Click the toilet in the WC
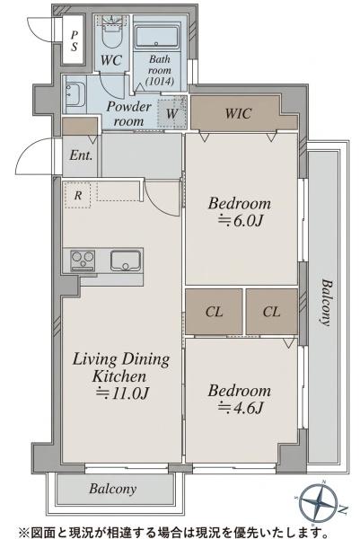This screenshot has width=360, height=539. tap(111, 34)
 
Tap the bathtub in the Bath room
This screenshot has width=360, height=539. tap(157, 36)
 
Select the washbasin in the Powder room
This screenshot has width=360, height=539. tap(75, 94)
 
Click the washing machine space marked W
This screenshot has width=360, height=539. tap(171, 113)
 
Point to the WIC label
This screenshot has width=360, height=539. tap(239, 113)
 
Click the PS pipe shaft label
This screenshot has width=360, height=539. tap(75, 40)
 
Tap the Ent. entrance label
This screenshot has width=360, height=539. tap(81, 155)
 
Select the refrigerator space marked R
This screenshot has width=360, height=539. tap(78, 195)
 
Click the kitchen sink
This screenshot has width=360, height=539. tap(126, 261)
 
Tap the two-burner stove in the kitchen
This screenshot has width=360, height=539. tap(83, 261)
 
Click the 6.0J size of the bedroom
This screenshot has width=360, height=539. tap(241, 221)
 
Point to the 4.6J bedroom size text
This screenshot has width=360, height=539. tap(241, 408)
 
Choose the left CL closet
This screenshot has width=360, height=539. tap(214, 312)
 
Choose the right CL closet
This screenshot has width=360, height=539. tap(272, 312)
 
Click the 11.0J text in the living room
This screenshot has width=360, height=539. tap(123, 393)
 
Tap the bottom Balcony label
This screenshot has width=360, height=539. tap(113, 489)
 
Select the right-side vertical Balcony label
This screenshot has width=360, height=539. tap(327, 303)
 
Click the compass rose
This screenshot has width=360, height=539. tap(318, 503)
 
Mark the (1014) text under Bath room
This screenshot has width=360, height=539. tap(160, 81)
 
